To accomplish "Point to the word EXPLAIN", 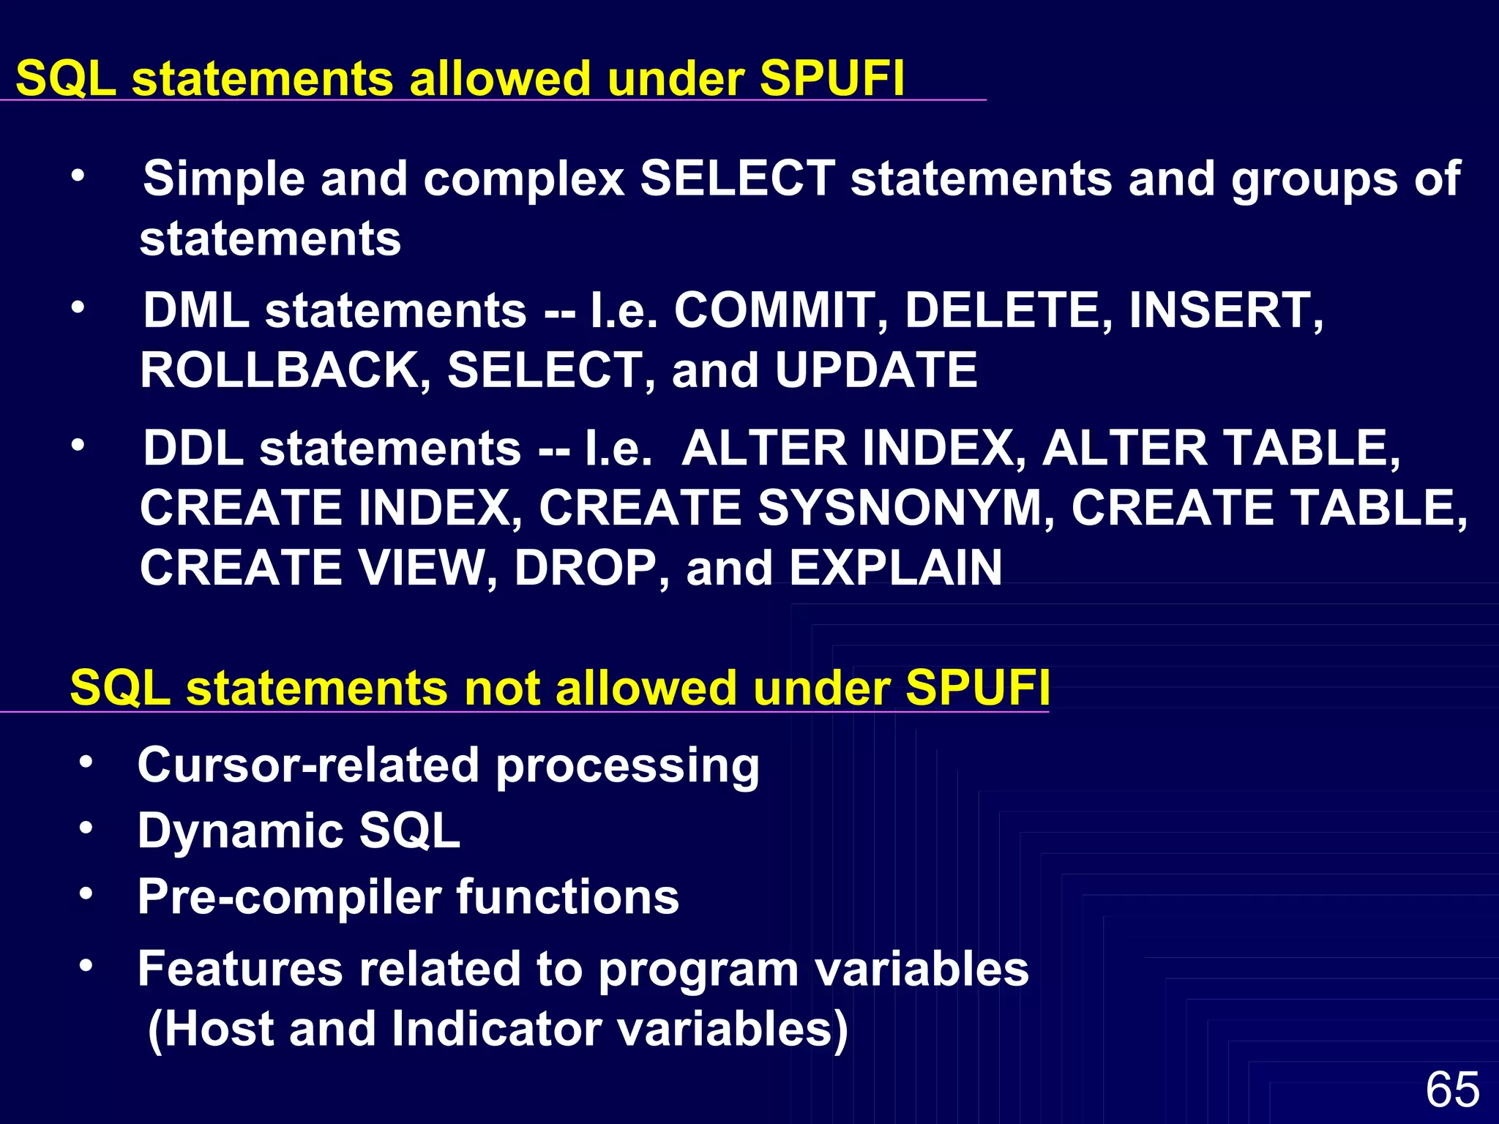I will tap(896, 568).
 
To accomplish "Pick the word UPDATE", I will tap(876, 370).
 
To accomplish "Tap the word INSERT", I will tap(1226, 310).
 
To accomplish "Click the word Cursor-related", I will tap(308, 765).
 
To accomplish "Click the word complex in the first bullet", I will tap(524, 179).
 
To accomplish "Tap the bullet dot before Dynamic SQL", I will tap(86, 828).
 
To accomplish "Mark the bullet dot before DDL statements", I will tap(78, 444).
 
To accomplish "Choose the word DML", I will tap(196, 310).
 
